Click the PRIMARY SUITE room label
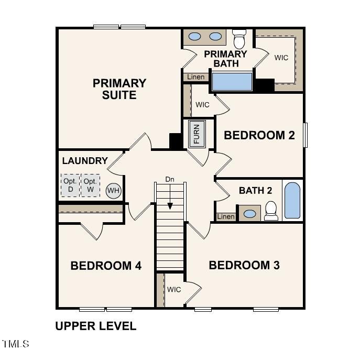click(119, 89)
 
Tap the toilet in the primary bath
click(239, 40)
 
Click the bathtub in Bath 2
click(292, 200)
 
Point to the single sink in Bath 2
click(250, 214)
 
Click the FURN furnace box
click(197, 134)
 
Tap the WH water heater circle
click(113, 191)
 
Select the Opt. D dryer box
click(70, 185)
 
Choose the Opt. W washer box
click(90, 185)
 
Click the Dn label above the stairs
click(170, 179)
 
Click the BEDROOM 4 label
click(106, 266)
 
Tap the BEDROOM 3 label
click(244, 265)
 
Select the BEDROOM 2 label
click(259, 135)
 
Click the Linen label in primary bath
click(196, 77)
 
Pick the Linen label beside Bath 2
click(226, 216)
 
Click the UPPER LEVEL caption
click(96, 326)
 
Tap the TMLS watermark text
click(16, 344)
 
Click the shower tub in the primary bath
click(232, 82)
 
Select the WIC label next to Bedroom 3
click(174, 289)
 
